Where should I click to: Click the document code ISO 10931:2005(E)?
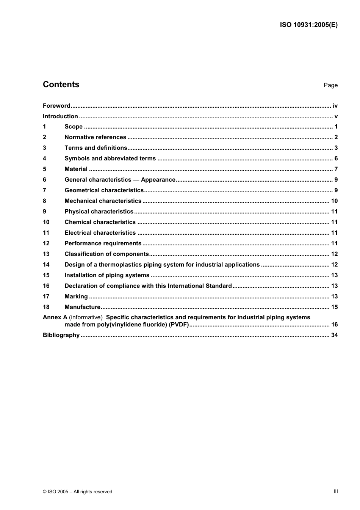[x=308, y=25]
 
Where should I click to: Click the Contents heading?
[x=61, y=85]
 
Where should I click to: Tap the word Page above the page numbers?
[x=330, y=85]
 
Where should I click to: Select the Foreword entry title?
[x=56, y=106]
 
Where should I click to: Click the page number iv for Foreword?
[x=335, y=106]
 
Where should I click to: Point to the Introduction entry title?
[x=60, y=116]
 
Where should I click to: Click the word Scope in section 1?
[x=74, y=127]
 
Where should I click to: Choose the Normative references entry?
[x=95, y=137]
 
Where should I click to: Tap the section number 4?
[x=44, y=158]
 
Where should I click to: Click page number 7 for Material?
[x=336, y=169]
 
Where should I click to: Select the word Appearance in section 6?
[x=158, y=180]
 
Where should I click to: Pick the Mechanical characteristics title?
[x=103, y=201]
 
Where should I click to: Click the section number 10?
[x=46, y=222]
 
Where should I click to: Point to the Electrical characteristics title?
[x=100, y=233]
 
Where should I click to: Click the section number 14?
[x=46, y=265]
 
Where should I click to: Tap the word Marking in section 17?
[x=76, y=297]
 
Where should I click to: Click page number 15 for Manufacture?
[x=334, y=307]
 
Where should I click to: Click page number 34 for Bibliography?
[x=334, y=335]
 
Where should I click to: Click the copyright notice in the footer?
[x=78, y=492]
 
